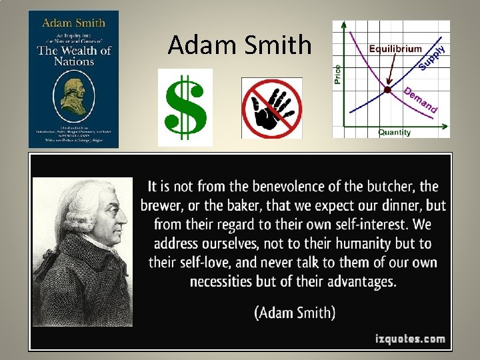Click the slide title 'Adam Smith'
239,45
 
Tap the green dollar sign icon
185,107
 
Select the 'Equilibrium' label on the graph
396,48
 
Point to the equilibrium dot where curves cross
387,89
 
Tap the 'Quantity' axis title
395,132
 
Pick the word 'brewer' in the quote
162,205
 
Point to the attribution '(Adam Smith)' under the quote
294,311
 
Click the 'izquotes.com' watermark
409,339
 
